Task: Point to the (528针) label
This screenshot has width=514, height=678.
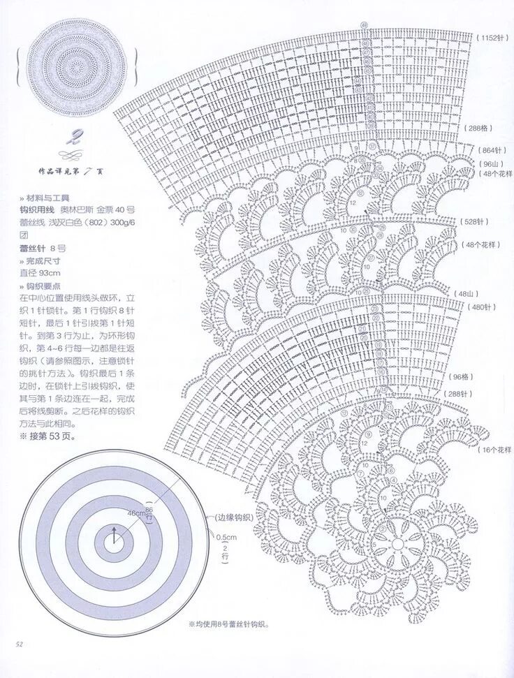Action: point(473,221)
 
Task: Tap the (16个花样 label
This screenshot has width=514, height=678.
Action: point(496,449)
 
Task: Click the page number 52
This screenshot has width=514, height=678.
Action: point(21,643)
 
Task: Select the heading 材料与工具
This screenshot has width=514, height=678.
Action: point(51,197)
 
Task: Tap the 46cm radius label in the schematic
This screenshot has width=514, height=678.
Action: point(136,513)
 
